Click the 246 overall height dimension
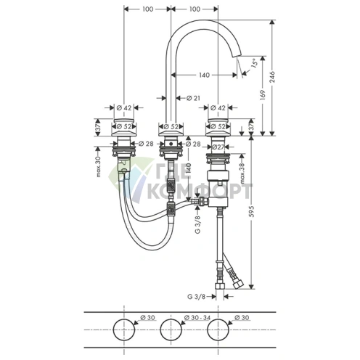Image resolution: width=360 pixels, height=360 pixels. [272, 77]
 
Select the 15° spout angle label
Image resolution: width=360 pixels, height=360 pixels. [254, 63]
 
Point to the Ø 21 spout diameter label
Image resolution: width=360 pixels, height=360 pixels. [193, 98]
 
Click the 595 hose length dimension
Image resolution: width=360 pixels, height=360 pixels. [252, 211]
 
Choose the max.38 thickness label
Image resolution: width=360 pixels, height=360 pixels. [242, 173]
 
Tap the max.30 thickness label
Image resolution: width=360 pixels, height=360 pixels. [98, 166]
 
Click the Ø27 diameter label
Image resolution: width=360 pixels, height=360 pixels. [218, 147]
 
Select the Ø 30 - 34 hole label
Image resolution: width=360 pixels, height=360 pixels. [197, 317]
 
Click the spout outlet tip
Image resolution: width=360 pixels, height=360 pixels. [237, 57]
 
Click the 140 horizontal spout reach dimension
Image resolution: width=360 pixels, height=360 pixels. [204, 75]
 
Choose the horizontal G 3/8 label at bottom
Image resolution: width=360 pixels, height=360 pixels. [196, 296]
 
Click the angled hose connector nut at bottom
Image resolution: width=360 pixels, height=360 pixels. [239, 285]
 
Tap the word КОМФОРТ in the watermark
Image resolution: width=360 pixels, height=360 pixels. [199, 191]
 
